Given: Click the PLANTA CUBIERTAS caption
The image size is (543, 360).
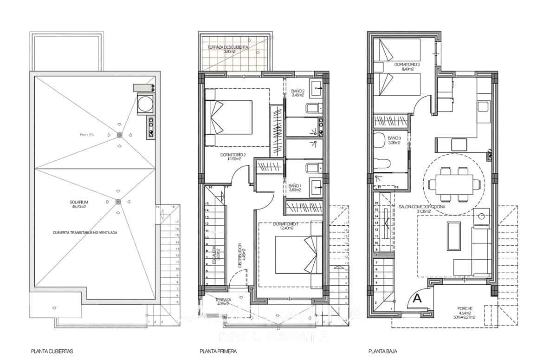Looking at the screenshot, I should [52, 352].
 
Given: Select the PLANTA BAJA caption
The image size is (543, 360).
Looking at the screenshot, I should [383, 352].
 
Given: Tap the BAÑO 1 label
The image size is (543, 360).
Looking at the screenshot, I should [295, 187].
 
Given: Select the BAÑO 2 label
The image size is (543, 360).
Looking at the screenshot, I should [297, 93].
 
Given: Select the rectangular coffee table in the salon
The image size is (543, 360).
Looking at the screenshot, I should [453, 236].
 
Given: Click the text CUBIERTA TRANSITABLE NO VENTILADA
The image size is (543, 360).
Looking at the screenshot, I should [84, 233].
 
